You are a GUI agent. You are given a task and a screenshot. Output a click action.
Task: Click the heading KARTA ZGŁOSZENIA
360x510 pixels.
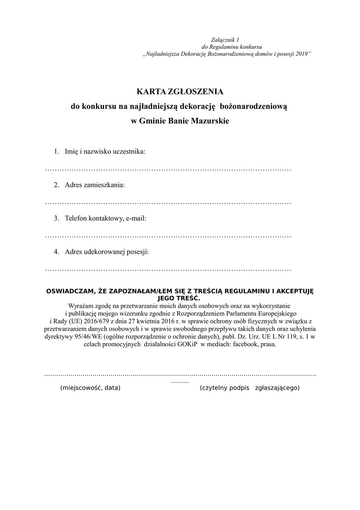click(180, 92)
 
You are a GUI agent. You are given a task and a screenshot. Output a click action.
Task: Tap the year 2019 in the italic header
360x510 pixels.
click(302, 54)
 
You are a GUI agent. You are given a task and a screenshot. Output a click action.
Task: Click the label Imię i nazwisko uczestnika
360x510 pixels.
click(105, 152)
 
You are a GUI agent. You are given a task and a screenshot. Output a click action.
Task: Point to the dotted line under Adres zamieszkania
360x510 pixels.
click(168, 203)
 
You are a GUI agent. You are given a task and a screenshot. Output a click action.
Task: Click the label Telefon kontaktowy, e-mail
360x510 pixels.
click(106, 218)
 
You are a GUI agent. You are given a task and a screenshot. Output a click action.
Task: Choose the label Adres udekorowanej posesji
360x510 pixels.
click(107, 252)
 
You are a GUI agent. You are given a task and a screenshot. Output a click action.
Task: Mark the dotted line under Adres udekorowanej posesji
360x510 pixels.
click(168, 270)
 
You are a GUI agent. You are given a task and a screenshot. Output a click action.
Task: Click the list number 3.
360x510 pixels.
click(57, 218)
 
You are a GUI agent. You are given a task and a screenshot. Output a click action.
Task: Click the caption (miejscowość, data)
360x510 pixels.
click(90, 388)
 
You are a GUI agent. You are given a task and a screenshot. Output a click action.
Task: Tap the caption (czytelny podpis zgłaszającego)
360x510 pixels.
click(250, 388)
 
